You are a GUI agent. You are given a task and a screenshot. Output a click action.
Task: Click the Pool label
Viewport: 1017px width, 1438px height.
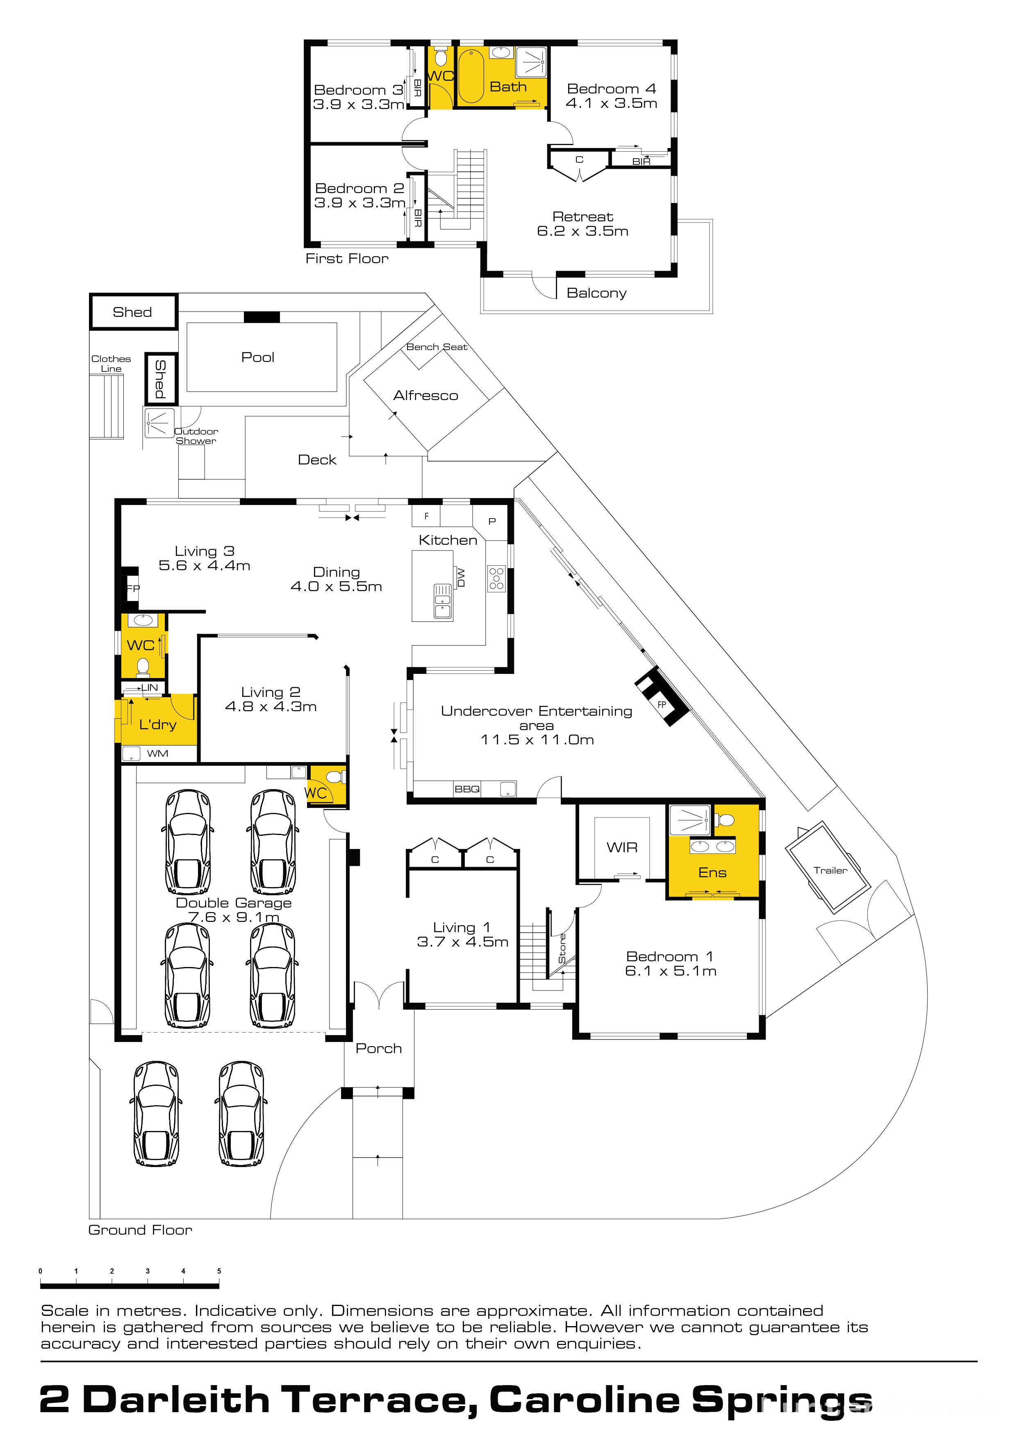257,357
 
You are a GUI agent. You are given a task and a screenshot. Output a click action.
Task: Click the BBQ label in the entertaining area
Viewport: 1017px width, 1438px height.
467,789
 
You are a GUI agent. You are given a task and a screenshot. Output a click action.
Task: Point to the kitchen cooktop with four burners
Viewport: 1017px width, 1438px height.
496,578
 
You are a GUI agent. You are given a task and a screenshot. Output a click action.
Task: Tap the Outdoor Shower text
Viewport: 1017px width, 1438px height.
196,436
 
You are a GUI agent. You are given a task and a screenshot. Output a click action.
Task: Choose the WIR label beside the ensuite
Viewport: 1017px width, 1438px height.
622,847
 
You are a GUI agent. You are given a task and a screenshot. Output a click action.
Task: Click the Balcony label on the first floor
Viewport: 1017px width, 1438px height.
596,293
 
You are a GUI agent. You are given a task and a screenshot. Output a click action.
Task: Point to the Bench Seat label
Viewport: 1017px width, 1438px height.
437,347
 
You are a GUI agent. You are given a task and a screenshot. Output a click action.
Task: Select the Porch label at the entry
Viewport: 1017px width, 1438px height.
378,1049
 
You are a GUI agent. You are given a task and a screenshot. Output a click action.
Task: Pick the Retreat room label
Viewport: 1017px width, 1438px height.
582,217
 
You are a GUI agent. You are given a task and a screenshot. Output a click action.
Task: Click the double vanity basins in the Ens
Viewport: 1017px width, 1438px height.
713,847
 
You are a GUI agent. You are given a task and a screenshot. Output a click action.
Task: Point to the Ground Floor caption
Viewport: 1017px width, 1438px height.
140,1230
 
